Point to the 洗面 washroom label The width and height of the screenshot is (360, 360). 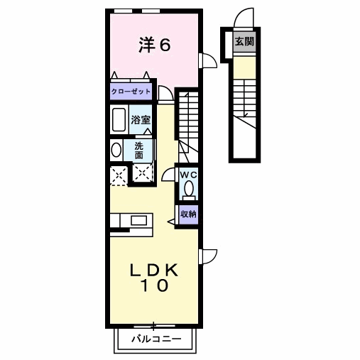click(x=139, y=150)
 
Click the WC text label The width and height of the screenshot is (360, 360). click(x=187, y=175)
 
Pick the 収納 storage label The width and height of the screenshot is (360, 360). click(x=187, y=213)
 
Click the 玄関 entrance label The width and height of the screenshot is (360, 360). click(x=245, y=42)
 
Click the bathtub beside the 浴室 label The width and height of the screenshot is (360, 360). click(x=119, y=119)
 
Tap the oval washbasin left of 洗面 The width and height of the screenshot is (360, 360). click(x=116, y=150)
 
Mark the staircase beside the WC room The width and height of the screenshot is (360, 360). click(x=187, y=117)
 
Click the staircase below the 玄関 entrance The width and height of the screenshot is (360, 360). click(x=244, y=99)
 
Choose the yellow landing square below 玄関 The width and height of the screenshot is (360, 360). click(x=244, y=67)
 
